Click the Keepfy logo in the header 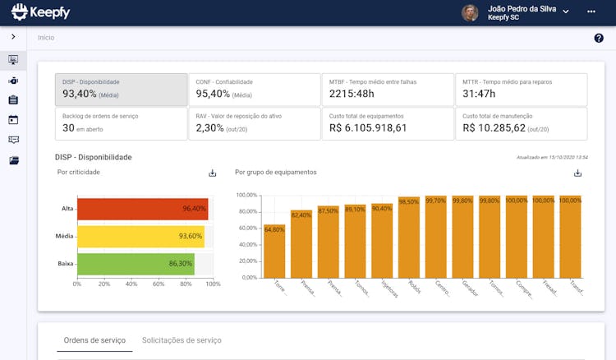(41, 12)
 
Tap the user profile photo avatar (470, 12)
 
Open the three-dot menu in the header (591, 12)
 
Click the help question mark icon (599, 38)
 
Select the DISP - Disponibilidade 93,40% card (122, 90)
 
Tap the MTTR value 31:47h (485, 95)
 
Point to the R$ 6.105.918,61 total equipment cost (368, 128)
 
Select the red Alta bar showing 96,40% (142, 209)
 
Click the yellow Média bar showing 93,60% (140, 237)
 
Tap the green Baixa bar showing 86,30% (135, 264)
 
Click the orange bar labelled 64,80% (274, 251)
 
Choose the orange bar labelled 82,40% (301, 243)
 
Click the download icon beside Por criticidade (212, 173)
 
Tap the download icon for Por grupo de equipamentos (577, 173)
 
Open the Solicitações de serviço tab (182, 340)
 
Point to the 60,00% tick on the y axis (246, 228)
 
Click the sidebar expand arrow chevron (13, 37)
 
